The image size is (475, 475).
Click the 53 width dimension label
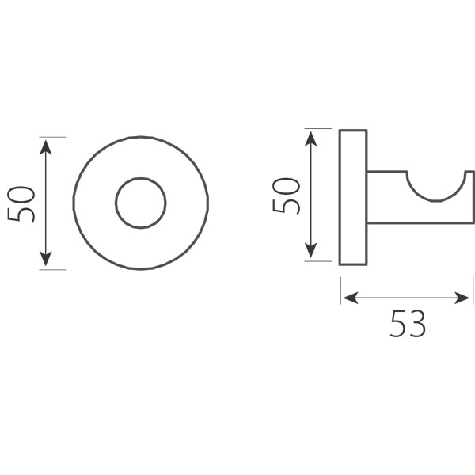408,323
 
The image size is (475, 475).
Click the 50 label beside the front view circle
21,204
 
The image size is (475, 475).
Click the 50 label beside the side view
287,196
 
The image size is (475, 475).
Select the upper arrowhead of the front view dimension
45,147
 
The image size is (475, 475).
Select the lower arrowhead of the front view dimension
45,259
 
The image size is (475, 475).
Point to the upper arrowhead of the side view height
311,139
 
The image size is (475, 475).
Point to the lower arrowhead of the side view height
311,250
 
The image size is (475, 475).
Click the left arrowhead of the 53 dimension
351,298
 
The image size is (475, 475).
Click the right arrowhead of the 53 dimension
462,298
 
